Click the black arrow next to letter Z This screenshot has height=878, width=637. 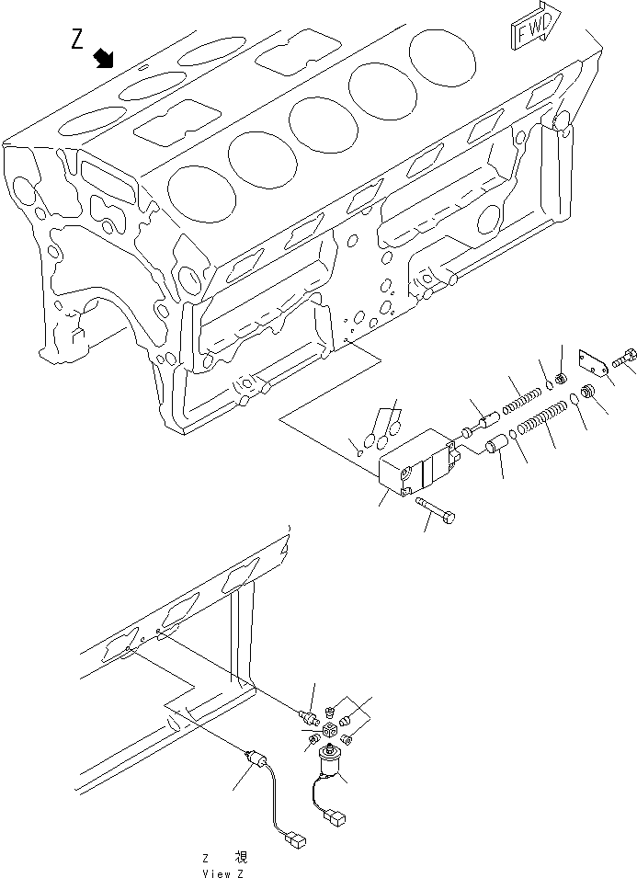coord(105,58)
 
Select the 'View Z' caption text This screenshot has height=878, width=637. coord(223,872)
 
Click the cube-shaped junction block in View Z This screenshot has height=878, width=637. coord(330,729)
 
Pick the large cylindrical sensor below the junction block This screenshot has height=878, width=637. coord(330,762)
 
